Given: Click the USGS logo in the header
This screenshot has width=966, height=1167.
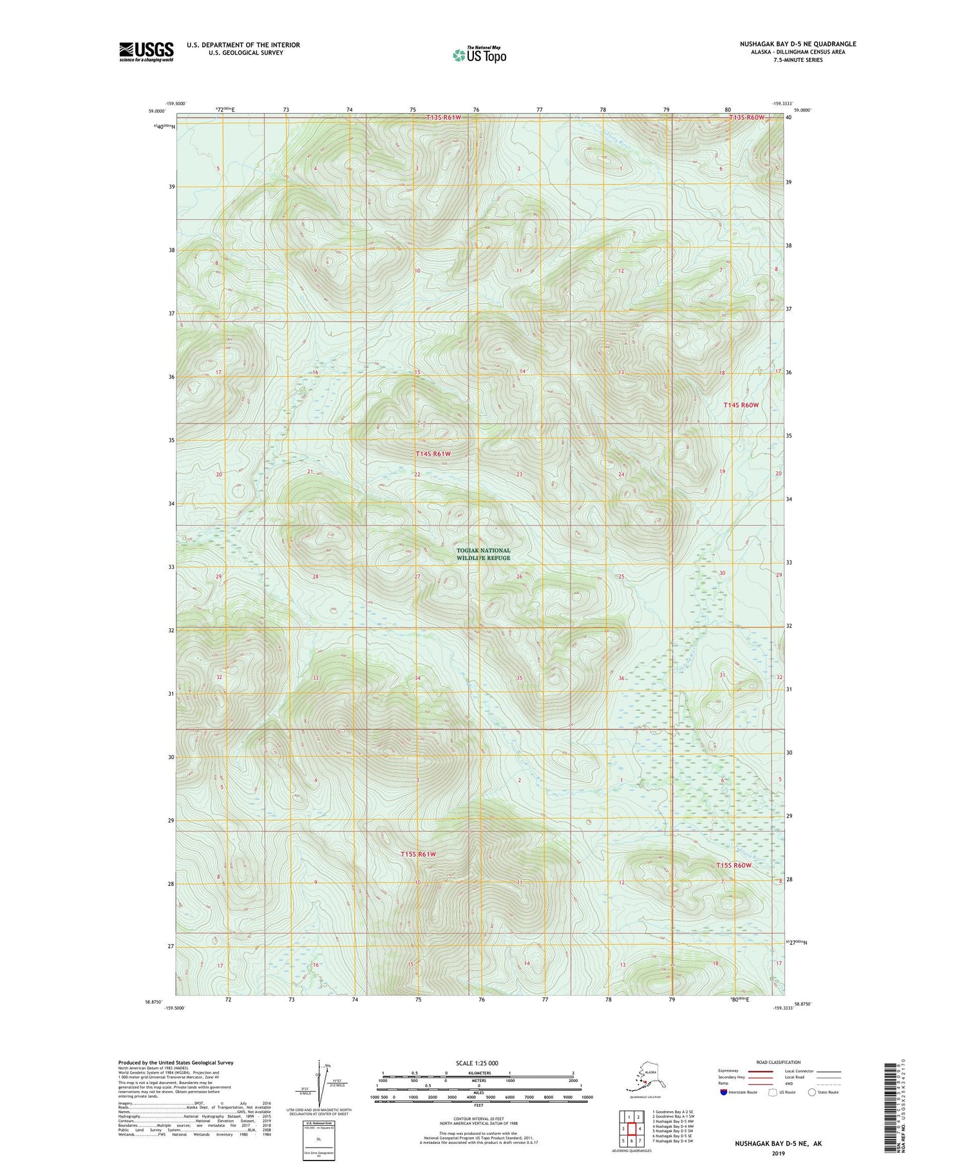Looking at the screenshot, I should [x=146, y=51].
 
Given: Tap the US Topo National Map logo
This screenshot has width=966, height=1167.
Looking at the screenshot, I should [x=479, y=55].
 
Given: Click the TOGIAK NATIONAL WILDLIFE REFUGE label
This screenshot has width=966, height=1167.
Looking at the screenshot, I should [x=483, y=554].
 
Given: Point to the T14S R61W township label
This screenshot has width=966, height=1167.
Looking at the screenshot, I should [x=433, y=454].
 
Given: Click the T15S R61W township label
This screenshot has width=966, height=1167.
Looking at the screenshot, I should [x=418, y=854].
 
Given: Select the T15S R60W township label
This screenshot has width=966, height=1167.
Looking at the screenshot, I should [x=734, y=865].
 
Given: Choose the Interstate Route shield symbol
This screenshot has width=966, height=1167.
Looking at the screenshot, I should [x=724, y=1092].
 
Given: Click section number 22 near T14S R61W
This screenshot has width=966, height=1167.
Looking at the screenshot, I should [x=417, y=474].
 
